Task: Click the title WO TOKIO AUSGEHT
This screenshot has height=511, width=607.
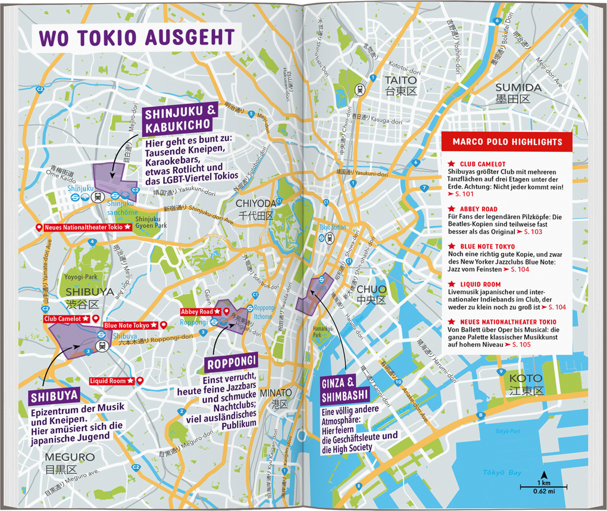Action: (136, 38)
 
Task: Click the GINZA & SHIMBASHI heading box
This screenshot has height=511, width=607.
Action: (345, 390)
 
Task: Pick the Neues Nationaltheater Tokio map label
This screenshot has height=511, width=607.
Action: (83, 228)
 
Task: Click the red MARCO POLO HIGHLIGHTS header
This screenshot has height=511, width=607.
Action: (507, 142)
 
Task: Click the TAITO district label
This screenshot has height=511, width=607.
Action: (401, 80)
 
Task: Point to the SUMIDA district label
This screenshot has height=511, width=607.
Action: (518, 88)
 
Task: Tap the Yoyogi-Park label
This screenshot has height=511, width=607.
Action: (82, 277)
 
